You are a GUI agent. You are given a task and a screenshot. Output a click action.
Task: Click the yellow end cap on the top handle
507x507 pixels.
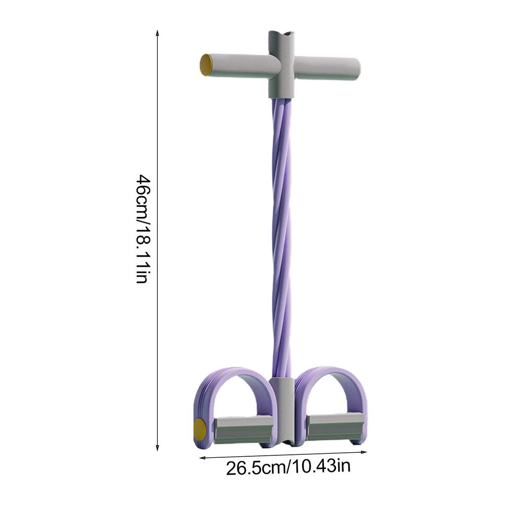click(205, 65)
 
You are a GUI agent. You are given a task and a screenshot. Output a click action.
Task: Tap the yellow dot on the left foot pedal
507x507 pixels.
click(200, 428)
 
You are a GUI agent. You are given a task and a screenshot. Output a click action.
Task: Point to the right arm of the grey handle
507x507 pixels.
click(327, 68)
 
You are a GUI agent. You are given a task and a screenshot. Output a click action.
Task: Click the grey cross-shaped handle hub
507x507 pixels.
click(281, 65)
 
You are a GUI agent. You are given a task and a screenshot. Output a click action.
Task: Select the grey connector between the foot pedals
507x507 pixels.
click(282, 411)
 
